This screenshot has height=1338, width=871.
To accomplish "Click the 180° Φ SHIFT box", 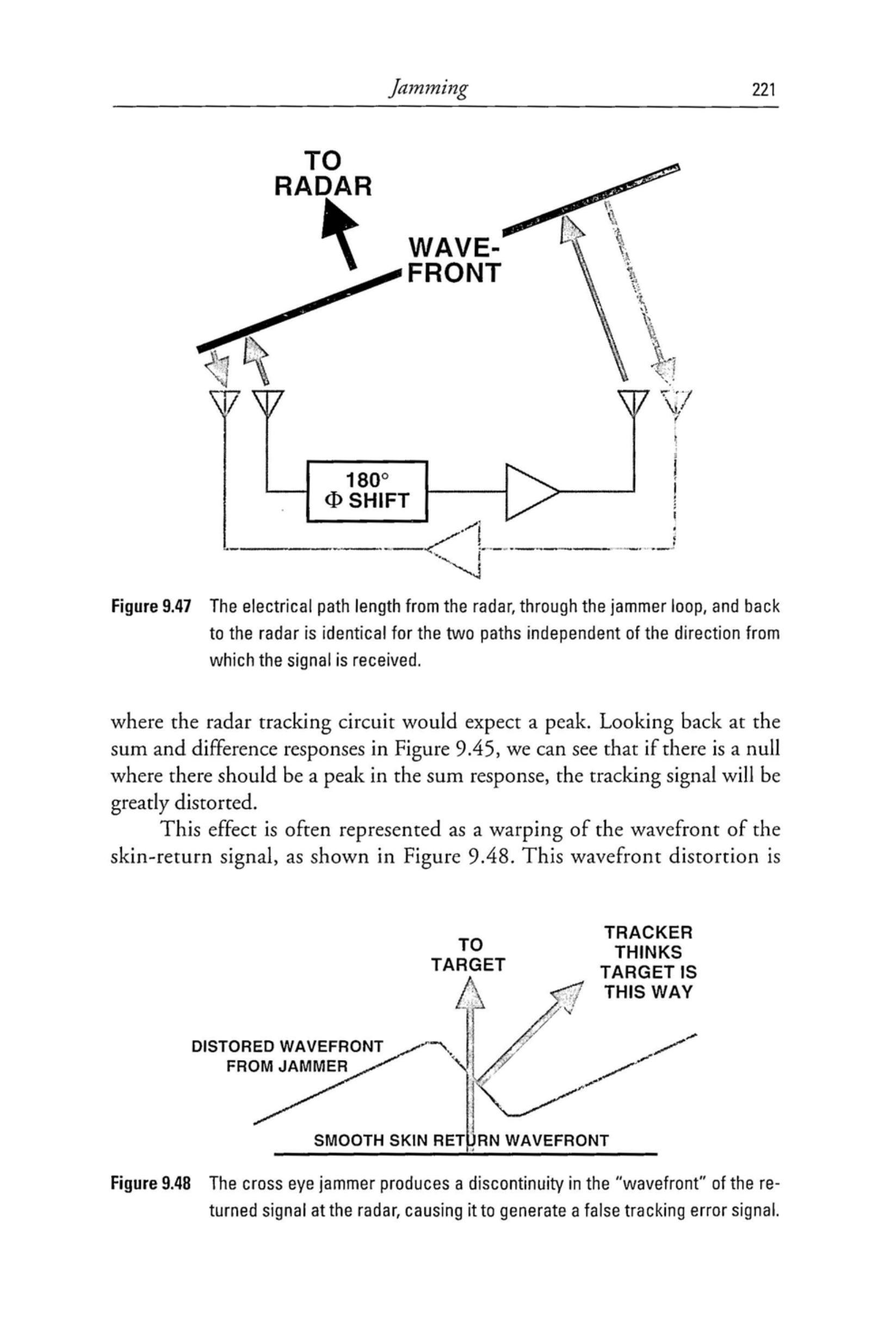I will pyautogui.click(x=367, y=491).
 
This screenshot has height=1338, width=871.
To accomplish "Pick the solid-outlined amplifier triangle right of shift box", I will pyautogui.click(x=529, y=491).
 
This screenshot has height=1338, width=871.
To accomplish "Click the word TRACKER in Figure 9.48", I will pyautogui.click(x=648, y=933).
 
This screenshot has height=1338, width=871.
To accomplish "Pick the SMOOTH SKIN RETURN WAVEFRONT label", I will pyautogui.click(x=460, y=1141).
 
